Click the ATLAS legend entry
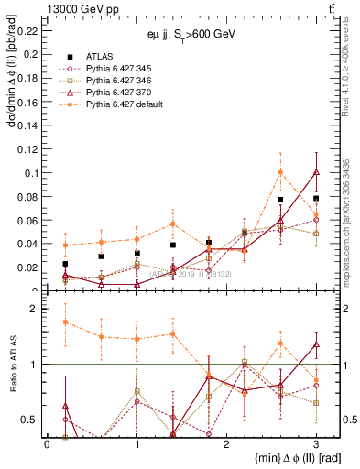[101, 55]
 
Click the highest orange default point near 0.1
[280, 172]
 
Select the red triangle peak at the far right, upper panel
[316, 171]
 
